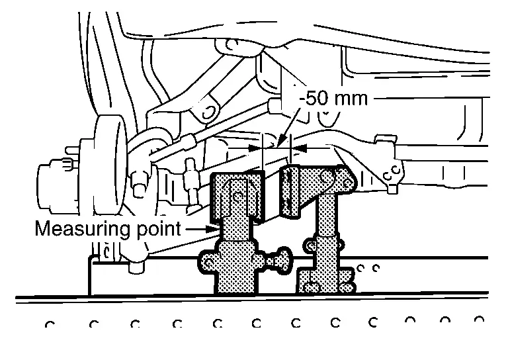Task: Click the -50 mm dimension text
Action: [x=333, y=99]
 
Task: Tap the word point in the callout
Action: [x=159, y=230]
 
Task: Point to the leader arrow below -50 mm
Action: [x=288, y=127]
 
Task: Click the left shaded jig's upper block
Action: [x=237, y=198]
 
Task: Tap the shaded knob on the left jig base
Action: [x=279, y=259]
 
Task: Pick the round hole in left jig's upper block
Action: [x=239, y=196]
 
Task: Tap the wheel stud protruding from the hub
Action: [x=72, y=150]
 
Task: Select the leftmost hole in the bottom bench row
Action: [x=50, y=324]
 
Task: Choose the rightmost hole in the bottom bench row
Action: [x=479, y=320]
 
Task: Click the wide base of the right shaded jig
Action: [x=326, y=280]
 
